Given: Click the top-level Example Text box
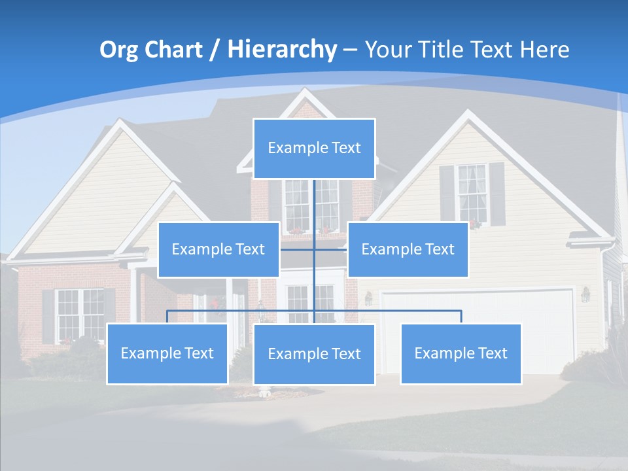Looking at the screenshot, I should pyautogui.click(x=314, y=148).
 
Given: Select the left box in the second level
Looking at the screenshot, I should pyautogui.click(x=218, y=249).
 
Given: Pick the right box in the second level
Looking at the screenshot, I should pyautogui.click(x=408, y=249).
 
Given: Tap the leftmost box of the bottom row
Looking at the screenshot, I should pyautogui.click(x=167, y=353).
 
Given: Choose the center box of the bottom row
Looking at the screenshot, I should pyautogui.click(x=314, y=354).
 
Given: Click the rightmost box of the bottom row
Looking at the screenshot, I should pyautogui.click(x=461, y=353).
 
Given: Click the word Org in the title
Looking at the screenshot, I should pyautogui.click(x=118, y=50).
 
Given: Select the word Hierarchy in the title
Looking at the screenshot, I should pyautogui.click(x=281, y=50).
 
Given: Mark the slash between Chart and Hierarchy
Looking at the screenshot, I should pyautogui.click(x=214, y=50).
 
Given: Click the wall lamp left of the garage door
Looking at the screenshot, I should pyautogui.click(x=368, y=298).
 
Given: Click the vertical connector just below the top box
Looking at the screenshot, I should pyautogui.click(x=314, y=196).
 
